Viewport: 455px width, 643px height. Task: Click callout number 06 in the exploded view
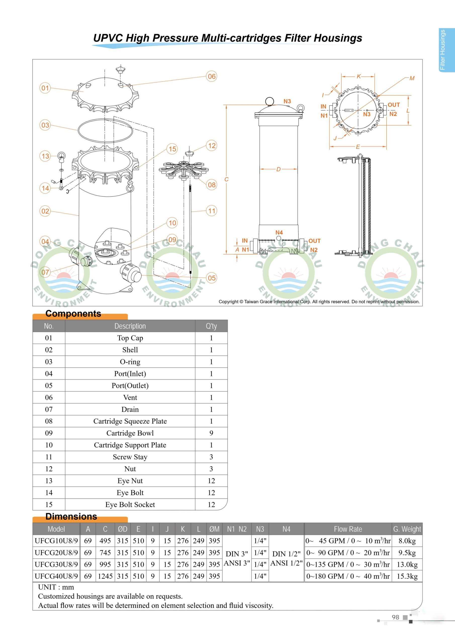coord(212,76)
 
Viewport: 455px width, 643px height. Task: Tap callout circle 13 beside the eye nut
coord(45,156)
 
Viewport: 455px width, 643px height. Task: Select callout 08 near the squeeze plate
coord(212,185)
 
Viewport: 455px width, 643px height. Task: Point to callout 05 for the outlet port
coord(212,278)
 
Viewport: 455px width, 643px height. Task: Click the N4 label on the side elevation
coord(279,232)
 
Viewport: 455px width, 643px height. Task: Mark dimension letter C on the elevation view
coord(226,179)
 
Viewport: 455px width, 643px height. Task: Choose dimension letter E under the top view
coord(358,147)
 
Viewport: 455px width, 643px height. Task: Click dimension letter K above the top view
coord(358,76)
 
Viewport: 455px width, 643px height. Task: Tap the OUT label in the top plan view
coord(394,105)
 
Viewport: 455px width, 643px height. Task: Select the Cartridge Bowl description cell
coord(130,433)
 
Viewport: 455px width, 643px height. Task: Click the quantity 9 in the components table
coord(211,433)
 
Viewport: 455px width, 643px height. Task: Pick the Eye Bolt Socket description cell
coord(130,504)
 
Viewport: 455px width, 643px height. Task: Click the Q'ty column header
coord(211,326)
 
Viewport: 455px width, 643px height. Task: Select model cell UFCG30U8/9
coord(56,564)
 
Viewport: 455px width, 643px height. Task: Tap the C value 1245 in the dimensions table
coord(105,576)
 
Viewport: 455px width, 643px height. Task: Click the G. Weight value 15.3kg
coord(407,576)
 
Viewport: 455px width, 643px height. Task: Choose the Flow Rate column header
coord(348,529)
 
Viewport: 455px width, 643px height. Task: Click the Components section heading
coord(73,314)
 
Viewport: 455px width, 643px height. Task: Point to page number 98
coord(395,617)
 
